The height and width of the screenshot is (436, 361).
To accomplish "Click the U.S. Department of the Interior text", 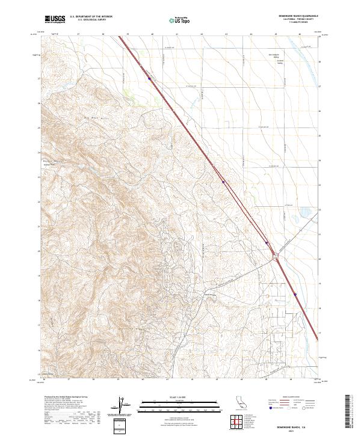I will click(x=91, y=16).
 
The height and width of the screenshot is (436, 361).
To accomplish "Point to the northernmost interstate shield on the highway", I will click(x=149, y=78).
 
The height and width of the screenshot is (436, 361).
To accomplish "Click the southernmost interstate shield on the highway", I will click(x=296, y=294).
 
